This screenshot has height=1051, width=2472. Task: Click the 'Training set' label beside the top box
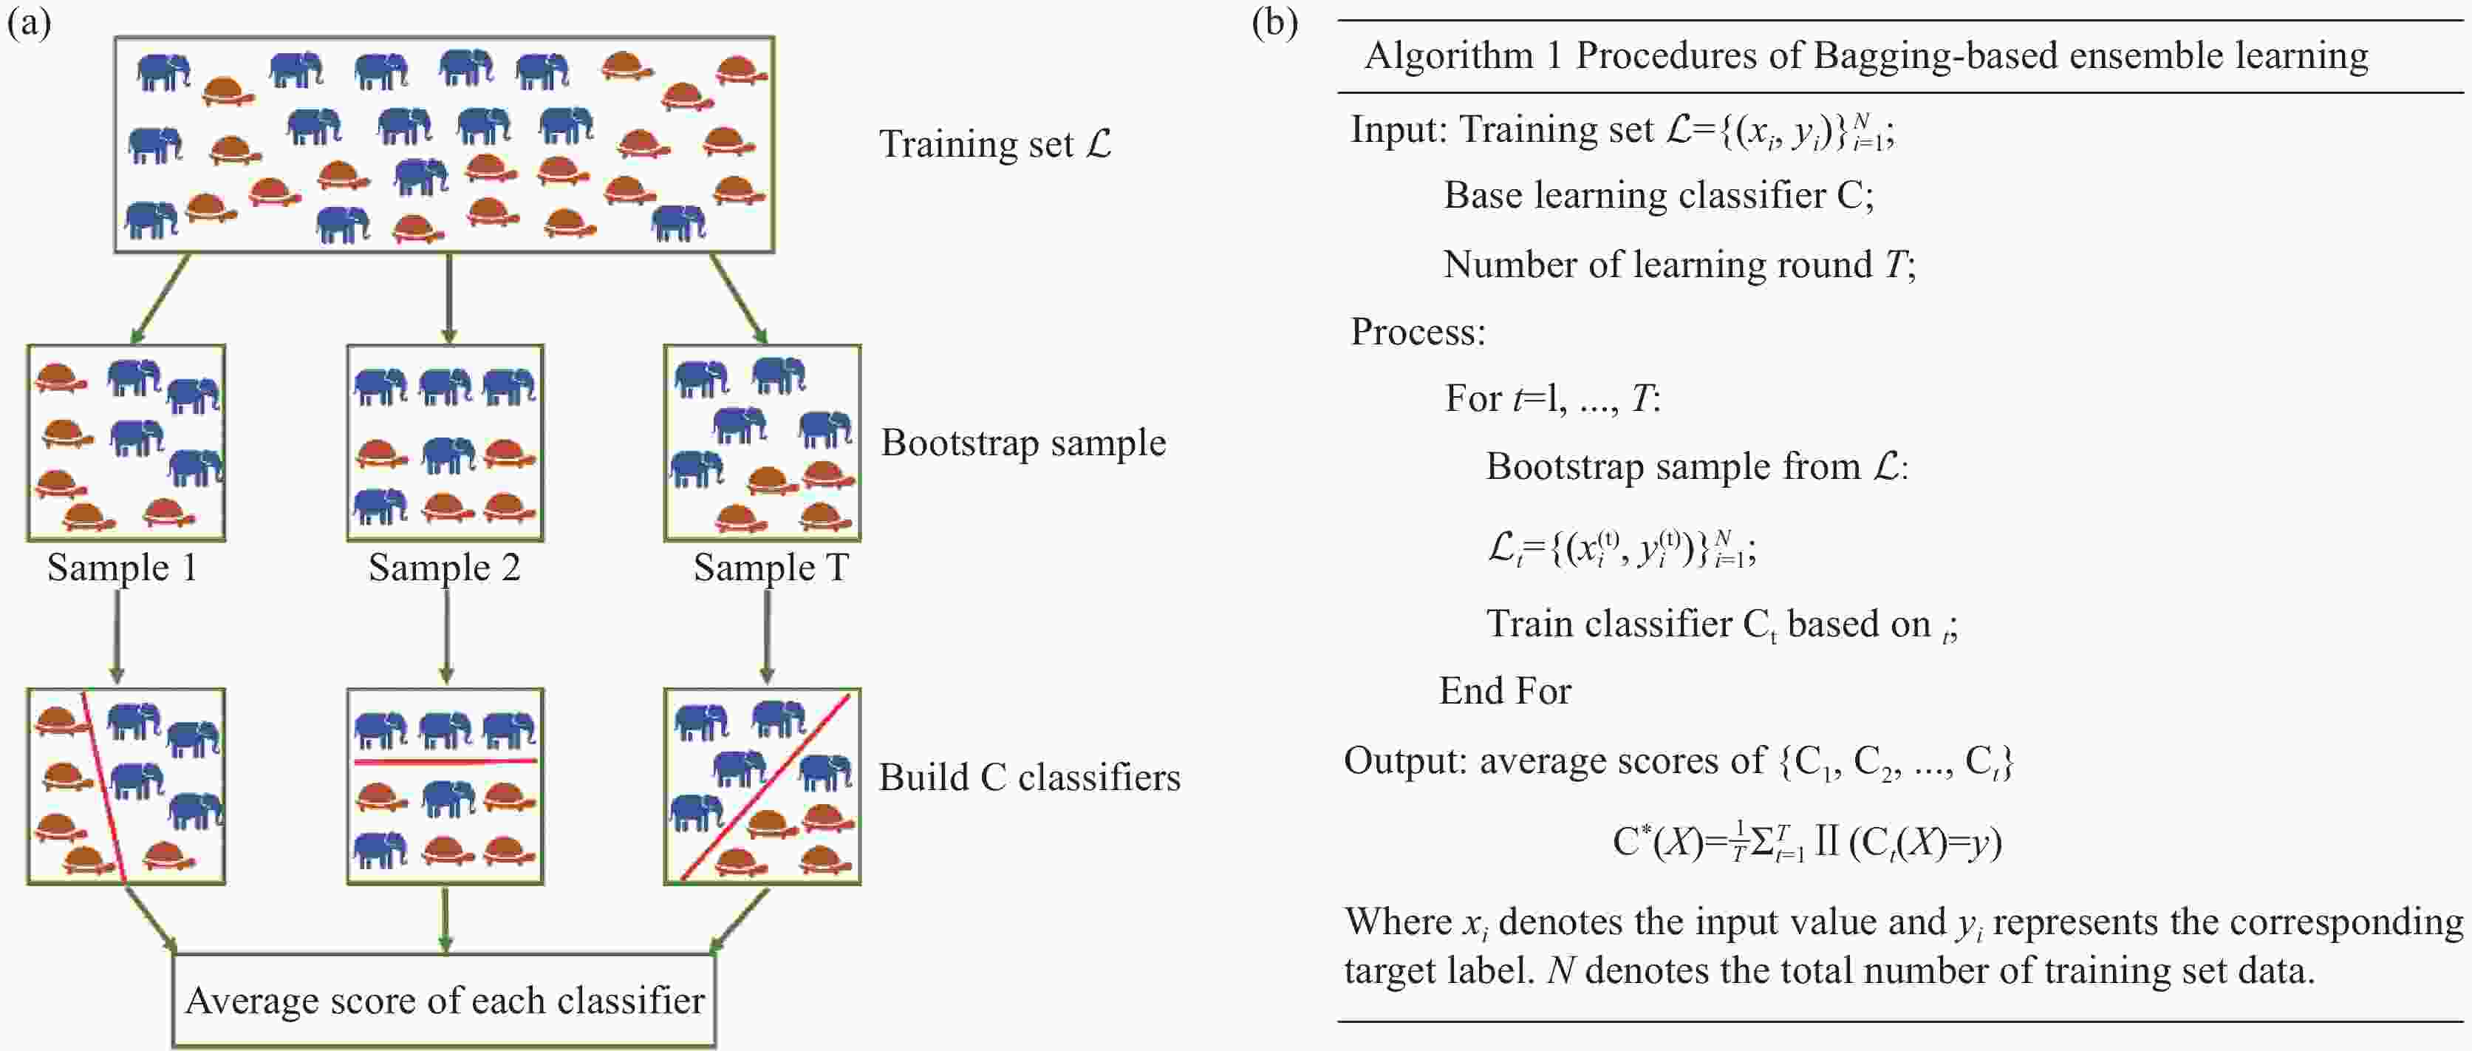point(994,144)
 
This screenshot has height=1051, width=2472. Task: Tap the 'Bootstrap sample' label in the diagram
point(1023,443)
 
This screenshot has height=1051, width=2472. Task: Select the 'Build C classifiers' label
point(1028,778)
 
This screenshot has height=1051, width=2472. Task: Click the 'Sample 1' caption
point(122,567)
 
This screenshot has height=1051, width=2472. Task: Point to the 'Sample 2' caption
point(444,567)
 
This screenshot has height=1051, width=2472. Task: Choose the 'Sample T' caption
point(771,567)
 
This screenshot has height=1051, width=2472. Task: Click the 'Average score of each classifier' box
point(444,1000)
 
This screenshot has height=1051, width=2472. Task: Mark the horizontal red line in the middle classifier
point(444,761)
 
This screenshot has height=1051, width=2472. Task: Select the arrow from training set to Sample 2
point(448,298)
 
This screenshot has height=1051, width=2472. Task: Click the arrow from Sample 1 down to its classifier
point(116,636)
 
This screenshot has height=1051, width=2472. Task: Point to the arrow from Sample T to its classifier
point(767,636)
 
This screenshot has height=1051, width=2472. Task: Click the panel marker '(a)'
point(29,21)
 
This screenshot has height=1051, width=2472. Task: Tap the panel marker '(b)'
point(1274,21)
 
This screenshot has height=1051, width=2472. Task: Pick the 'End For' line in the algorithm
point(1505,691)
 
